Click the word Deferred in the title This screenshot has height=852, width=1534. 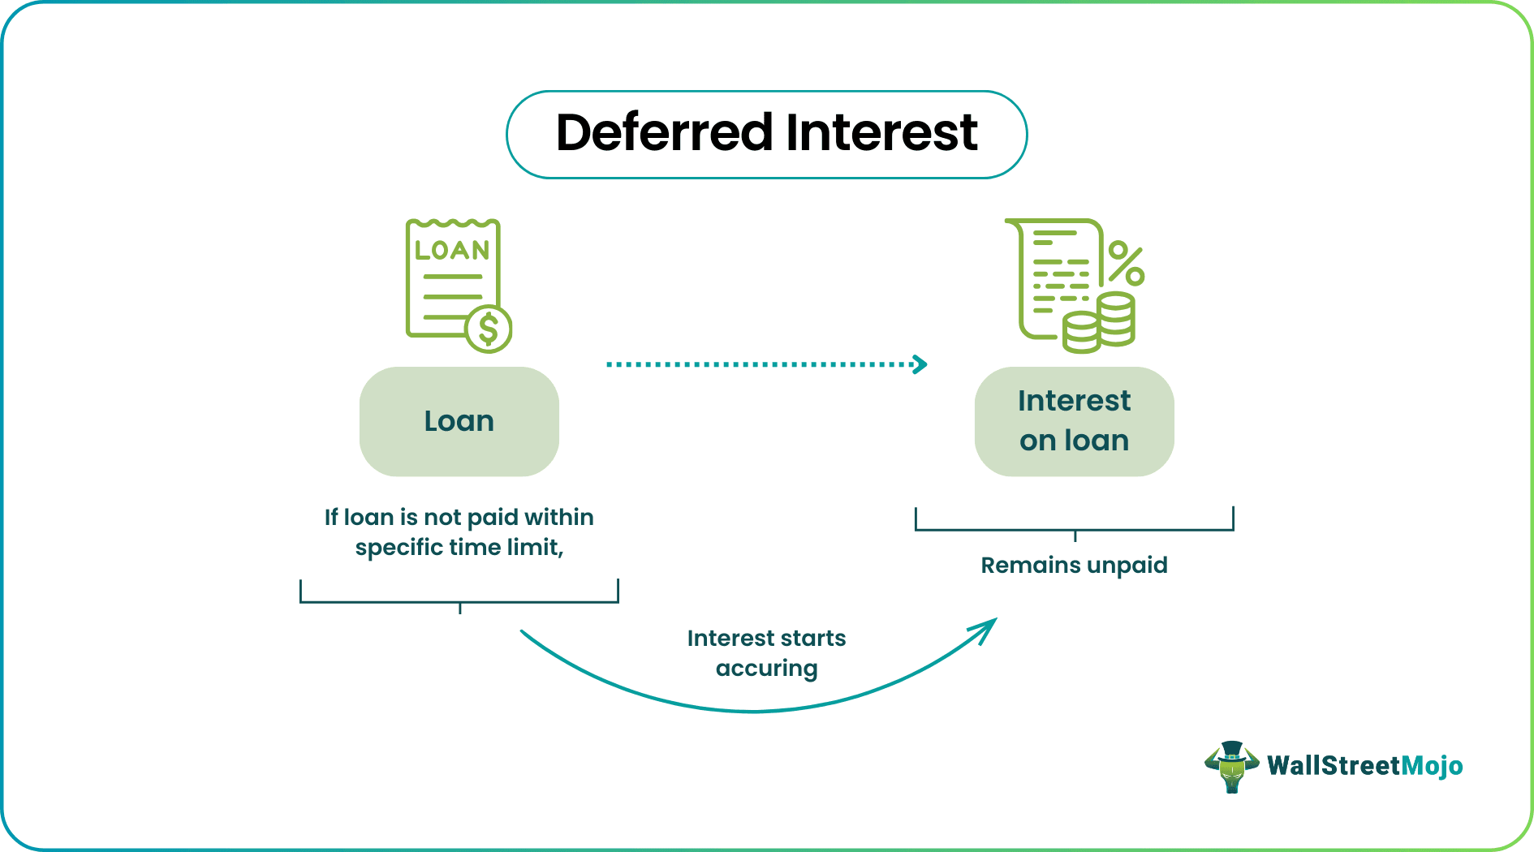(x=664, y=133)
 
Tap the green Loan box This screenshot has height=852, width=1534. (x=459, y=422)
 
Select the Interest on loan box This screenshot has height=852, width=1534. (x=1074, y=422)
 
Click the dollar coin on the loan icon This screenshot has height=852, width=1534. (x=489, y=329)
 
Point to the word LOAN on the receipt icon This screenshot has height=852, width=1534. (x=452, y=250)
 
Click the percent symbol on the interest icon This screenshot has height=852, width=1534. (x=1126, y=264)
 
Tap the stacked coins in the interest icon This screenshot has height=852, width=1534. (x=1101, y=324)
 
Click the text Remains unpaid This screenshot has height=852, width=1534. (x=1074, y=566)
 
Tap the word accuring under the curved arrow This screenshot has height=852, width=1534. (x=766, y=669)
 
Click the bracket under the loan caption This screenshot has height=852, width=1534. (x=459, y=601)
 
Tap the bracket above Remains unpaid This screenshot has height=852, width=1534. (x=1074, y=530)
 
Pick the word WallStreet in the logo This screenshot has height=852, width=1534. (x=1334, y=766)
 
